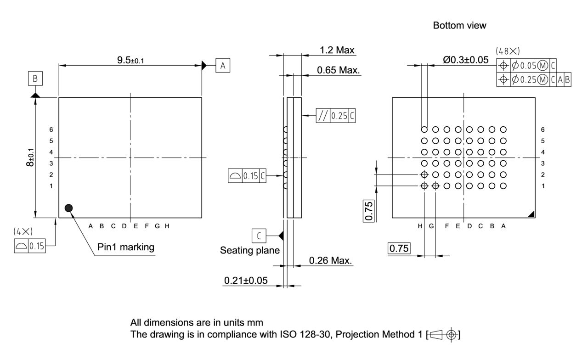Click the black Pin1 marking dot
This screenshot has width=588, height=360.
(x=69, y=208)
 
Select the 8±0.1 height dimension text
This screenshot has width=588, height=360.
(x=30, y=157)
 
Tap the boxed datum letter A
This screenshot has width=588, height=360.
(x=223, y=66)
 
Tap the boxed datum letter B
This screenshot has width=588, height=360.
(x=35, y=79)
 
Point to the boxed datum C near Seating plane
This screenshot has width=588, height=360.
(x=259, y=236)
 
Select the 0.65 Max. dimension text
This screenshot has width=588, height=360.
(x=339, y=70)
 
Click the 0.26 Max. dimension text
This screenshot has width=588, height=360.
(x=330, y=261)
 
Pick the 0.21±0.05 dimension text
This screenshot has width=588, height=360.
(x=246, y=280)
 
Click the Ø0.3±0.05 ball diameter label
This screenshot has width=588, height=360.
(x=465, y=60)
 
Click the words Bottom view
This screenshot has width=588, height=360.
(x=459, y=26)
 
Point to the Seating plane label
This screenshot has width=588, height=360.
(x=249, y=250)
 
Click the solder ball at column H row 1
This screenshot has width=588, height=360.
(x=424, y=186)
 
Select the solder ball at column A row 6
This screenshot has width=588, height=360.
(x=503, y=130)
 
